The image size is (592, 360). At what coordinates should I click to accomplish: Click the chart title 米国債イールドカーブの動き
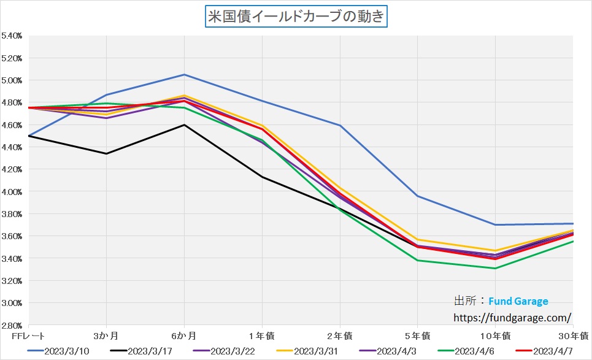pos(296,15)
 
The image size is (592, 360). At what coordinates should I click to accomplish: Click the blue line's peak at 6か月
pos(184,75)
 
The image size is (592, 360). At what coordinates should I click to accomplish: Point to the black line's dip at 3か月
pos(106,153)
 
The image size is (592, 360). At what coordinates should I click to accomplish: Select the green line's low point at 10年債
pos(495,268)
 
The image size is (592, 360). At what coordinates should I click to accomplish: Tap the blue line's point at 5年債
pos(417,196)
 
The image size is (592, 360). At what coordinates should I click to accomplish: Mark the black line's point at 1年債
pos(262,177)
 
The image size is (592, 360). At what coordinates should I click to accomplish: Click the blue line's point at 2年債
pos(340,126)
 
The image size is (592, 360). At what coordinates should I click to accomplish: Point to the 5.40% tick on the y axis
pos(12,36)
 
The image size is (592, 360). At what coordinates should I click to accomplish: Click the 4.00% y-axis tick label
pos(12,192)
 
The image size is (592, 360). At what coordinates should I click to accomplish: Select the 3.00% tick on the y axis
pos(12,303)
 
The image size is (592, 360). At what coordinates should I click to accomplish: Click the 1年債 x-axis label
pos(262,335)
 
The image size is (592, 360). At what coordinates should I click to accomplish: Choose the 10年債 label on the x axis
pos(494,335)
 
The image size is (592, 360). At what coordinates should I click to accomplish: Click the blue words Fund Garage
pos(518,301)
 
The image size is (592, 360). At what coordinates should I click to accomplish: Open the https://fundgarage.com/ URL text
pos(512,318)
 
